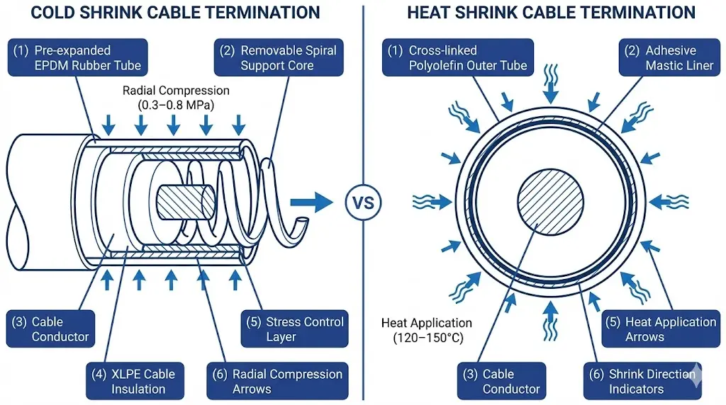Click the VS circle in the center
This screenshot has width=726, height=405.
point(362,202)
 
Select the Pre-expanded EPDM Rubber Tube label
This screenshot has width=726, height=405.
point(79,58)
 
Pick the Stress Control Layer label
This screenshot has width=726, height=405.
point(294,329)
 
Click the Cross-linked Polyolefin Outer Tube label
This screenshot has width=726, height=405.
point(459,58)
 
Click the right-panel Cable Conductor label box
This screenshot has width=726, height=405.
point(501,381)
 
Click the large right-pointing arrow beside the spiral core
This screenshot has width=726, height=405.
point(313,201)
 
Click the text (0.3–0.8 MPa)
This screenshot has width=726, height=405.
point(176,105)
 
